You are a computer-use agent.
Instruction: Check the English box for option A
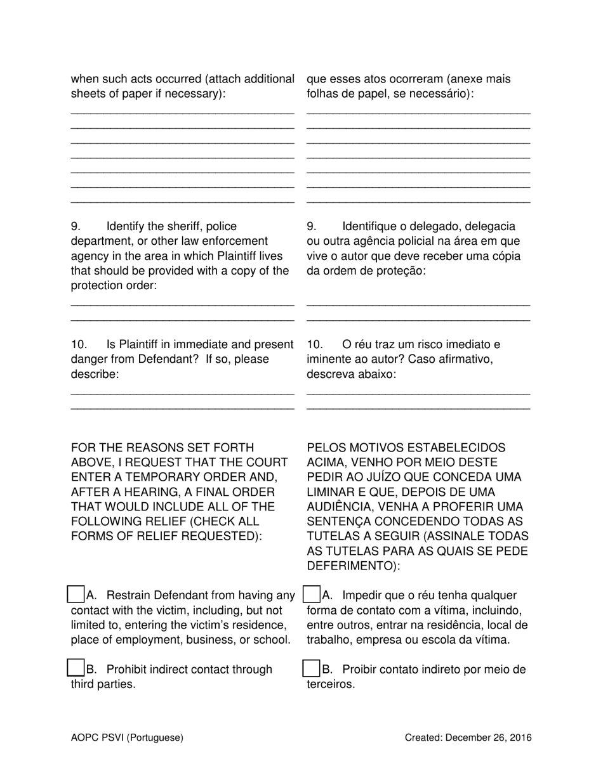(x=76, y=595)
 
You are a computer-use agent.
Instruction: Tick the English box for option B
(x=76, y=668)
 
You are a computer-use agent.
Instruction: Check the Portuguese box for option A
(x=312, y=595)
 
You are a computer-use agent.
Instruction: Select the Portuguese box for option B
(x=312, y=668)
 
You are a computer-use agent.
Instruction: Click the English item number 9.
(x=76, y=227)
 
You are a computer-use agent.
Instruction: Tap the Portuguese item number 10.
(x=314, y=345)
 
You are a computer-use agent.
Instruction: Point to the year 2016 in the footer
(x=520, y=738)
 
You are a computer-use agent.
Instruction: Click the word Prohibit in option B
(x=129, y=670)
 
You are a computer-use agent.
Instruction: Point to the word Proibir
(x=363, y=670)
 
